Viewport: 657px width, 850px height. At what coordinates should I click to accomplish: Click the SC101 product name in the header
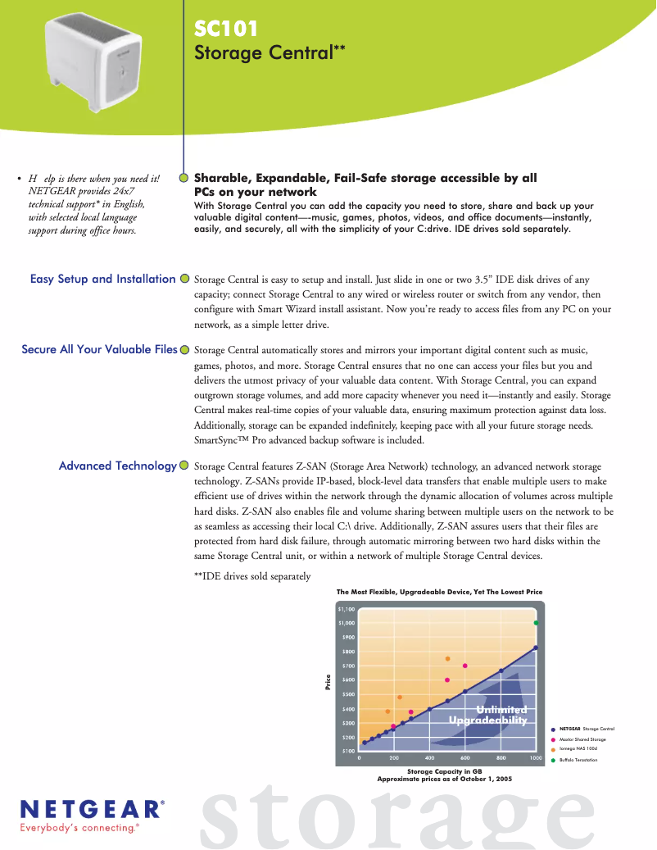[x=226, y=30]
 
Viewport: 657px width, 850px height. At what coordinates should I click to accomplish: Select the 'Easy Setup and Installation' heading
[x=102, y=280]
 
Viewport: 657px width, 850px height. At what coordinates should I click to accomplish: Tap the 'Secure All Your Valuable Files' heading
[x=99, y=350]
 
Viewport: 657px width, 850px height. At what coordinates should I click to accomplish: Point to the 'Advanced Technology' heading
[x=118, y=466]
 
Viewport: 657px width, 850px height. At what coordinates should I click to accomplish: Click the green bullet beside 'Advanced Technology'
[x=185, y=466]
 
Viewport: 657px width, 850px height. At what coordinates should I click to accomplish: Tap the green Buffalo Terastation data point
[x=537, y=623]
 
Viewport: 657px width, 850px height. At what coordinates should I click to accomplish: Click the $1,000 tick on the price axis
[x=347, y=624]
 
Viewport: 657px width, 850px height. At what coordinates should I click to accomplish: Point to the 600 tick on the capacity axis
[x=465, y=758]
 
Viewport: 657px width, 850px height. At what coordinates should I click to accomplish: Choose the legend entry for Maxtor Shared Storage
[x=582, y=739]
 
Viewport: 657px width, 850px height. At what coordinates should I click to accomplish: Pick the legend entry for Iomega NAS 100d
[x=578, y=749]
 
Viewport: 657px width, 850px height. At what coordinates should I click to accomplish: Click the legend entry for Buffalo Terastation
[x=578, y=761]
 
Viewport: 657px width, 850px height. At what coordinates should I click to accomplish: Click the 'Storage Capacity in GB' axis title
[x=444, y=771]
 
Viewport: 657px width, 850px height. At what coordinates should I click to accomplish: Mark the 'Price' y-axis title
[x=328, y=680]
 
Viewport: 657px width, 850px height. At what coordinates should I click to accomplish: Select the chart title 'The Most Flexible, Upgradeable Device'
[x=439, y=592]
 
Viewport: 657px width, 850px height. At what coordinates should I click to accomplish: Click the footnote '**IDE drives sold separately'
[x=252, y=576]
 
